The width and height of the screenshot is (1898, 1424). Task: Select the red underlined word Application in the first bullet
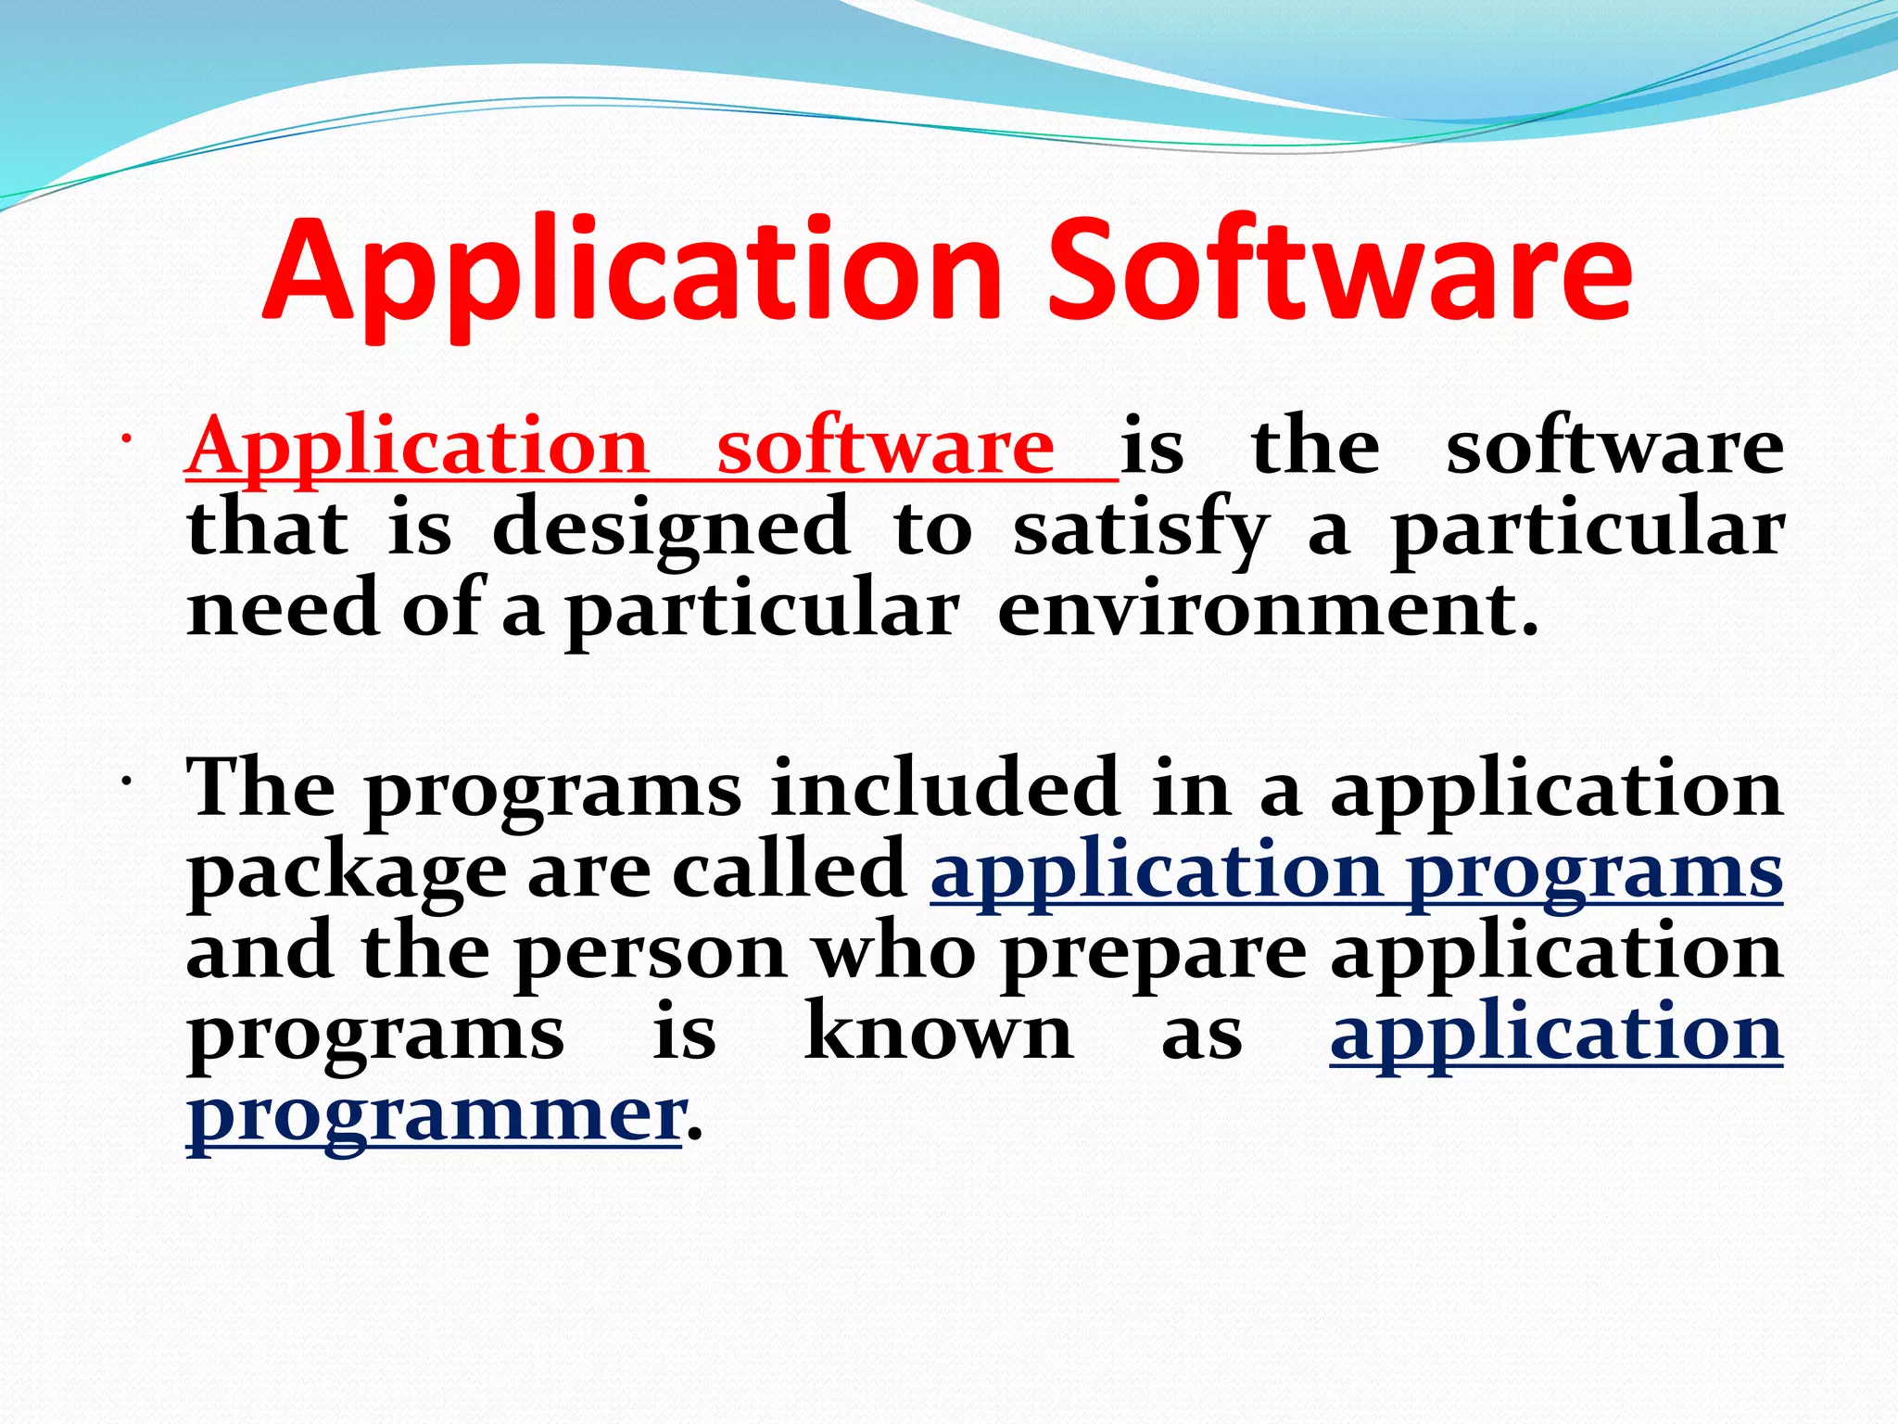pyautogui.click(x=417, y=448)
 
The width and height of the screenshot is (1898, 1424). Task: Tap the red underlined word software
pyautogui.click(x=885, y=448)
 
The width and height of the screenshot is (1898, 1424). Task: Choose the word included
pyautogui.click(x=944, y=788)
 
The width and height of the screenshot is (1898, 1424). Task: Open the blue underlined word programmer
pyautogui.click(x=434, y=1115)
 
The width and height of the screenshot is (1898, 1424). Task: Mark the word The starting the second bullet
pyautogui.click(x=260, y=788)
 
